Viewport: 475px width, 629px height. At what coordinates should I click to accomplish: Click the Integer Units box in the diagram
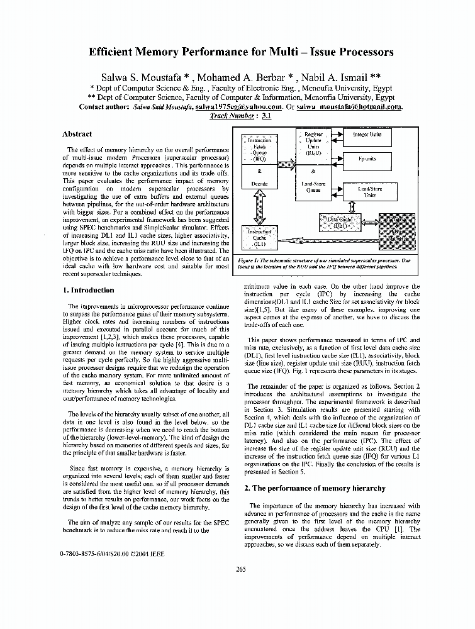367,135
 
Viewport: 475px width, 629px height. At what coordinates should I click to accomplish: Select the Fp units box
367,160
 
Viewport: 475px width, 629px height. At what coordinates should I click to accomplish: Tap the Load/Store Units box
370,191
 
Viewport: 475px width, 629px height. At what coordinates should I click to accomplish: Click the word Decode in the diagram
259,184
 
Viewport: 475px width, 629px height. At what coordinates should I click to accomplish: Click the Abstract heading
77,134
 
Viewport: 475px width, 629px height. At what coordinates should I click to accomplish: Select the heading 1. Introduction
88,291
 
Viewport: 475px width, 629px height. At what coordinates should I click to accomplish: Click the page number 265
240,569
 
